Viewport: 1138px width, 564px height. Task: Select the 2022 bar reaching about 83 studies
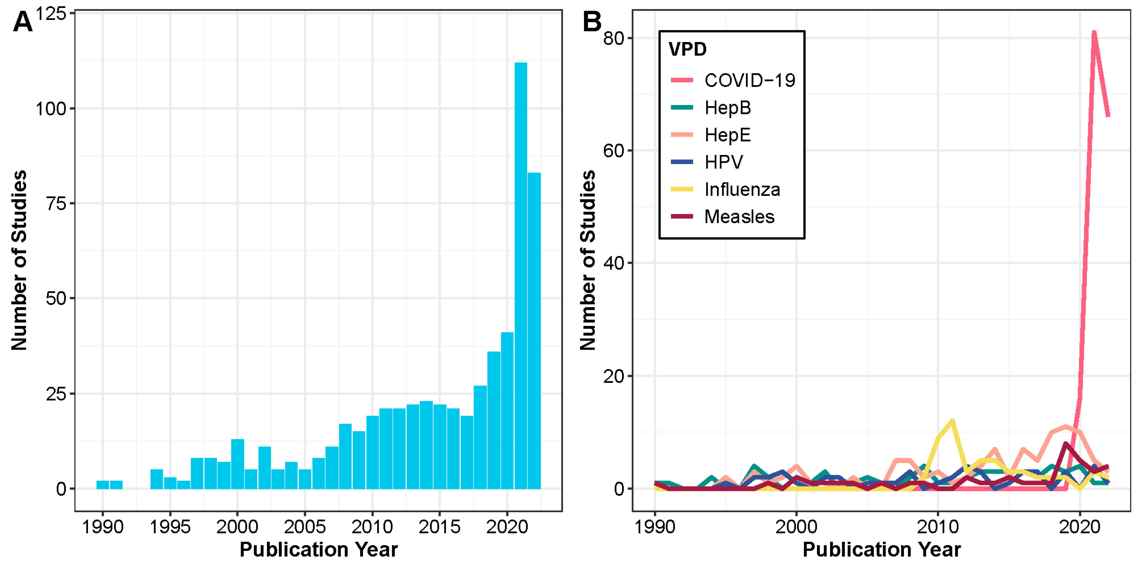(x=534, y=331)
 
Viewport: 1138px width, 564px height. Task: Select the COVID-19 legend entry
(x=749, y=80)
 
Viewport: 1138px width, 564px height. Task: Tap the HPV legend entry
(x=724, y=162)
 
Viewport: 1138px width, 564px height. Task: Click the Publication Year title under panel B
(x=881, y=549)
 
